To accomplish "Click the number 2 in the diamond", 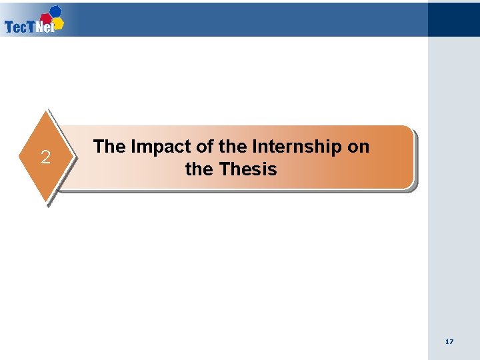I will pos(45,158).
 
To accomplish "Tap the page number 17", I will pos(449,341).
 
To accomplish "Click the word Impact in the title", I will pos(157,147).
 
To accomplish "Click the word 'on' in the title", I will pos(358,147).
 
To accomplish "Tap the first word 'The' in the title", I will pos(109,147).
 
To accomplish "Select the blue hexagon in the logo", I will pos(56,11).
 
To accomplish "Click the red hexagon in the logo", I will pos(46,18).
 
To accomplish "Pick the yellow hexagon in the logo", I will pos(58,23).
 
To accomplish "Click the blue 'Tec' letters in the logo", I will pos(16,27).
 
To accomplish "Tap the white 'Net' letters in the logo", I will pos(44,28).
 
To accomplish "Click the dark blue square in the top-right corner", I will pos(453,18).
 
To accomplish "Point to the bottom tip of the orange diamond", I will pos(47,202).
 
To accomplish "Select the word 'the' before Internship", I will pos(232,147).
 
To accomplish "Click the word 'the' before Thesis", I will pos(199,169).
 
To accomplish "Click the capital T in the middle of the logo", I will pos(32,27).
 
